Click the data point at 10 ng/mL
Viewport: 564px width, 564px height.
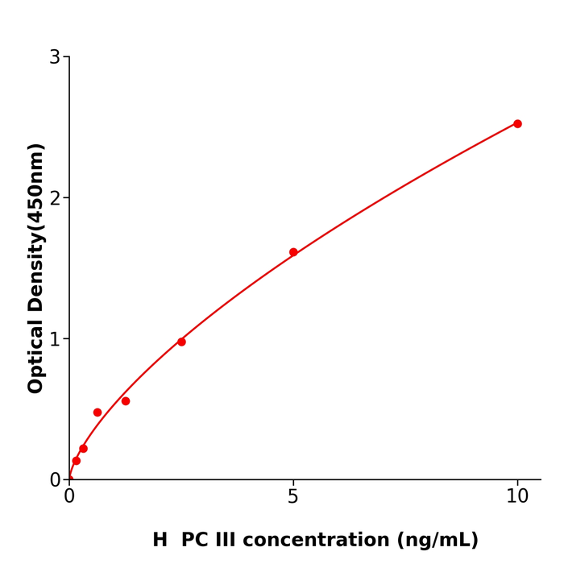point(517,124)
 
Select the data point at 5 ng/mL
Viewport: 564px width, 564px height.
point(293,252)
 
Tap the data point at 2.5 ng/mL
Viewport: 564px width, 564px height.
point(181,342)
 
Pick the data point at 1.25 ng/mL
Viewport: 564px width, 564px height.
point(126,401)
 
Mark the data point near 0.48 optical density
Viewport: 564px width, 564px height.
point(97,413)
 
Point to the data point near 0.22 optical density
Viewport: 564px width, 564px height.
point(83,449)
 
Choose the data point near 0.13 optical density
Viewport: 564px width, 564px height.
point(77,461)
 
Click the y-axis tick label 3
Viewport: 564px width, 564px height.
point(55,57)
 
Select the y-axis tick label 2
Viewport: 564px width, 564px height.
point(55,198)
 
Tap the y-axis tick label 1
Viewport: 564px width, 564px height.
point(55,339)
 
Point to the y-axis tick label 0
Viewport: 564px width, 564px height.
point(55,480)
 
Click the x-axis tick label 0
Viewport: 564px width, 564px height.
point(69,497)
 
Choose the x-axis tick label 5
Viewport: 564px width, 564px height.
point(293,497)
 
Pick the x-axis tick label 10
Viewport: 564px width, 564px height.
point(517,497)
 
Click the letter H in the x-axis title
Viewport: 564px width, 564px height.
point(160,541)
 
